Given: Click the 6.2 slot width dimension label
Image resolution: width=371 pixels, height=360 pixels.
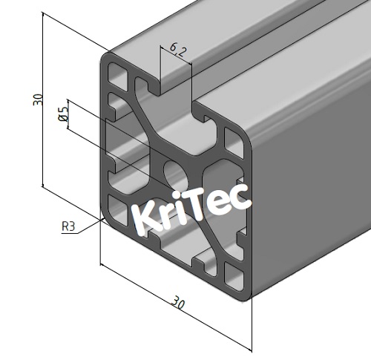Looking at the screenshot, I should click(x=178, y=50).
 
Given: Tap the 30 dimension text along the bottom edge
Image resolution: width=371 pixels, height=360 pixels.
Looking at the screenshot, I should click(x=177, y=303).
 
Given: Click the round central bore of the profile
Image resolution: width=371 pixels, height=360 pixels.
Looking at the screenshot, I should click(x=176, y=171).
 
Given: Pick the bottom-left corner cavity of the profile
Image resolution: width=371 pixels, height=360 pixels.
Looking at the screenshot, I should click(x=116, y=209).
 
